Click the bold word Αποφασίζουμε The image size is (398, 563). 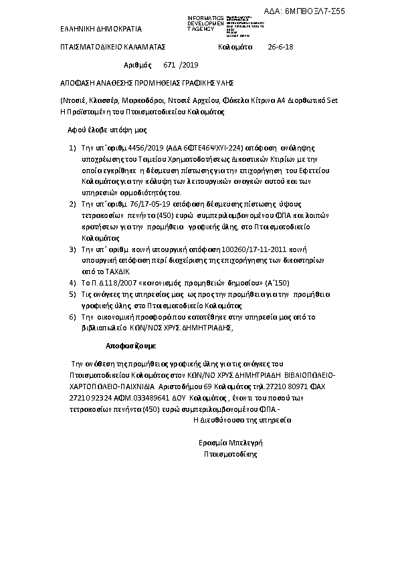pyautogui.click(x=130, y=347)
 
